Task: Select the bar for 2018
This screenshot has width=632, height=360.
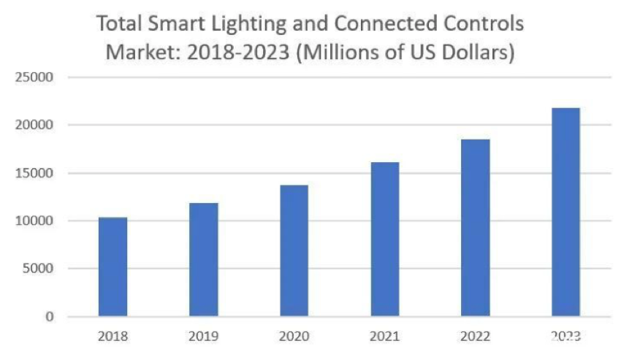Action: click(x=113, y=267)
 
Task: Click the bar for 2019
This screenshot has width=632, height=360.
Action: click(x=204, y=259)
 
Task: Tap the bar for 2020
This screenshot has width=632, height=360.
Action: click(x=294, y=250)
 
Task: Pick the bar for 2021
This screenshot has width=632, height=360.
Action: click(x=385, y=239)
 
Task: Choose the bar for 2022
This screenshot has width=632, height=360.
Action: click(x=476, y=228)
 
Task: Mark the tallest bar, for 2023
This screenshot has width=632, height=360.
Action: click(x=566, y=212)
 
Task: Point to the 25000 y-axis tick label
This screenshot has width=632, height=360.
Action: click(x=41, y=77)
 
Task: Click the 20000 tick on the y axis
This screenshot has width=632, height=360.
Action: click(x=41, y=126)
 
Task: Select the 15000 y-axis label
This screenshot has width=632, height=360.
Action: click(x=41, y=173)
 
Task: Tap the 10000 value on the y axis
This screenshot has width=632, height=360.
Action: click(x=41, y=221)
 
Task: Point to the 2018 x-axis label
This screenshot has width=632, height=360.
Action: click(x=113, y=337)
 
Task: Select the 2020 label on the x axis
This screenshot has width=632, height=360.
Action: click(x=294, y=337)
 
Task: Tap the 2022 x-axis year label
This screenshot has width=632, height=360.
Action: click(x=476, y=337)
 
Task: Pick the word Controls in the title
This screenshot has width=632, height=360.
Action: click(x=484, y=24)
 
